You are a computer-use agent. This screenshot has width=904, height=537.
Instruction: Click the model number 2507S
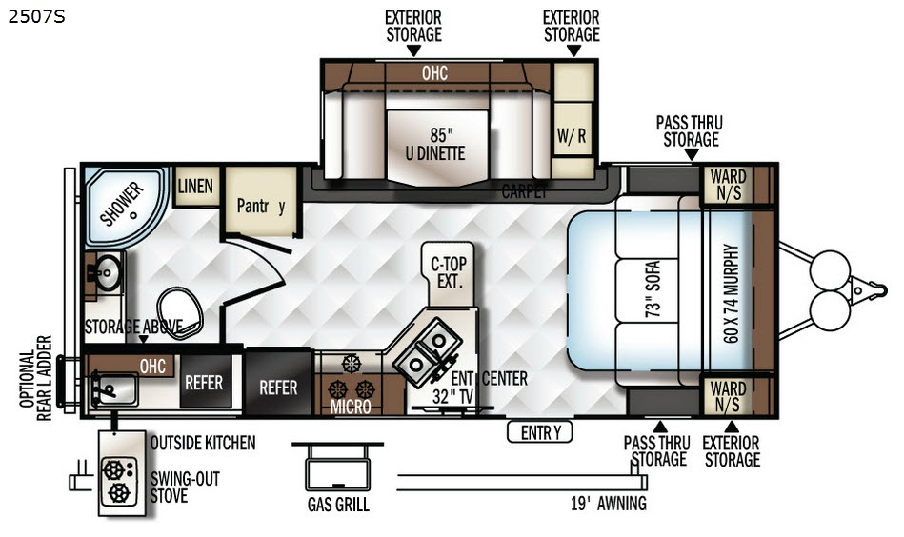pos(36,17)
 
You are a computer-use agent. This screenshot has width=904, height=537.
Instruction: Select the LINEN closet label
pos(195,186)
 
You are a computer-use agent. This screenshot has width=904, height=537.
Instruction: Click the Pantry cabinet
pos(261,202)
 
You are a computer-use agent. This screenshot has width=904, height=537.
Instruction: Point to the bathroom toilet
pos(179,313)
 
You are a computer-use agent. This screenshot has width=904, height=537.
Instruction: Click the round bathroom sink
pos(108,272)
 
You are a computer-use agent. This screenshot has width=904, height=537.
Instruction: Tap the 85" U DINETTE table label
pos(436,144)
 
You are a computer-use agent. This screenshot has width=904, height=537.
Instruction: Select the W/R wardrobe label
pos(572,136)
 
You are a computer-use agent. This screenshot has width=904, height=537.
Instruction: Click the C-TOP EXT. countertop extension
pos(449,273)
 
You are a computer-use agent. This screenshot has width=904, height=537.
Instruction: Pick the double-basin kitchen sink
pos(427,351)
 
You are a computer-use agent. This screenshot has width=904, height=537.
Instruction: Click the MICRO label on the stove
pos(351,407)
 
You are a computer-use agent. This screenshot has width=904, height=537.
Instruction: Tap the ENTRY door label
pos(540,432)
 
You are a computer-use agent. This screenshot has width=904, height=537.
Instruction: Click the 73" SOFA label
pos(653,289)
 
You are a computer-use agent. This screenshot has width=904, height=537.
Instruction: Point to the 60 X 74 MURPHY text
pos(731,293)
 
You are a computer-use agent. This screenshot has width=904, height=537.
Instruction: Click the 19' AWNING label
pos(609,504)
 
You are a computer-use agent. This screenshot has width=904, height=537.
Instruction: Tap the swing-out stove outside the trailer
pos(122,473)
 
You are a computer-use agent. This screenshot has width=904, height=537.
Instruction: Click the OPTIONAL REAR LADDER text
pos(36,378)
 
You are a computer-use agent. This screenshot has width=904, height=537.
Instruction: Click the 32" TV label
pos(453,397)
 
